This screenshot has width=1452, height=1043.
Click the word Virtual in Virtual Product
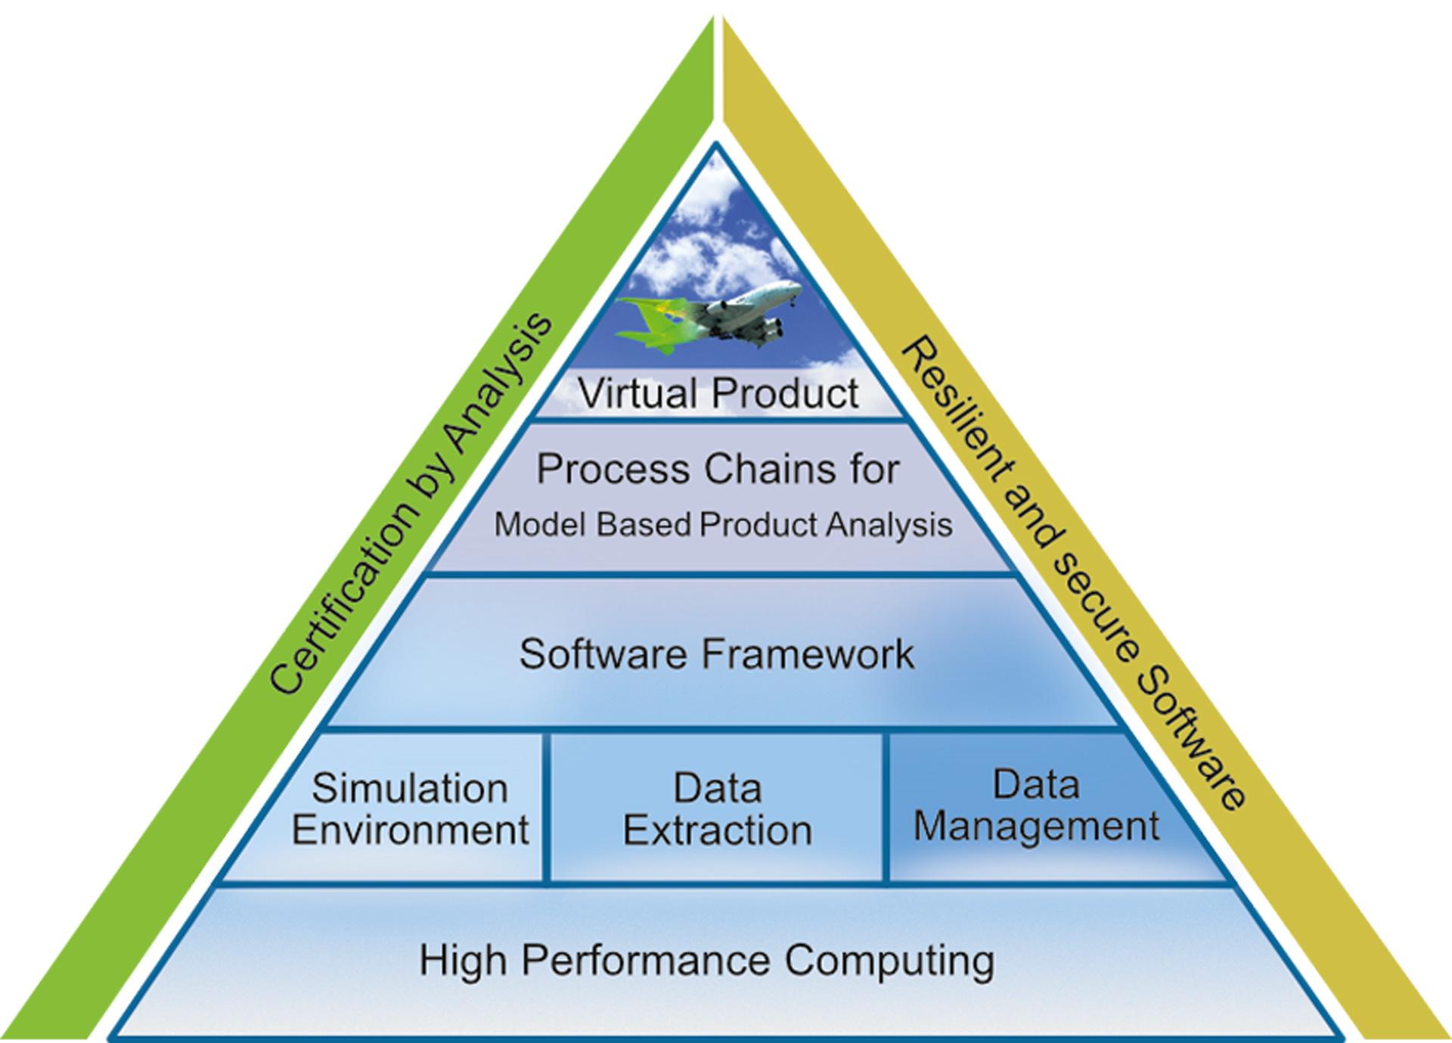click(637, 393)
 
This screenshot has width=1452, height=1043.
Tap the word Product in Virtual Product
click(785, 393)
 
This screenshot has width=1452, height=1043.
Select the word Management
click(1036, 826)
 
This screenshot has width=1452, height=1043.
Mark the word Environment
click(410, 830)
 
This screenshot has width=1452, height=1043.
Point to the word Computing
click(889, 961)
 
